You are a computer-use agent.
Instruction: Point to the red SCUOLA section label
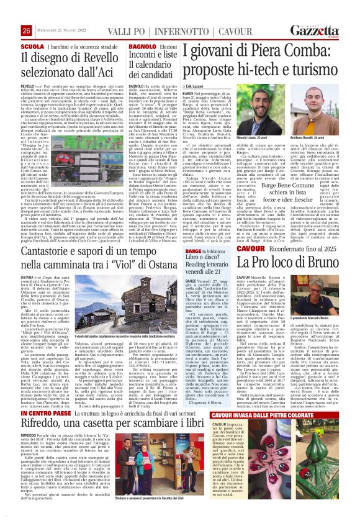click(x=14, y=45)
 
